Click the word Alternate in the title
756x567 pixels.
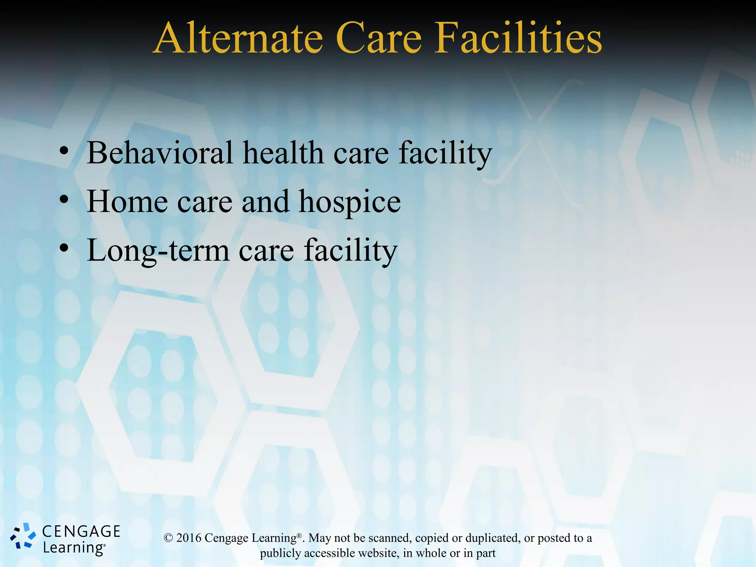tap(238, 39)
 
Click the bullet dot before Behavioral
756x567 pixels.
tap(64, 151)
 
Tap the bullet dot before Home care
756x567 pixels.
tap(64, 200)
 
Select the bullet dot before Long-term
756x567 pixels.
tap(64, 248)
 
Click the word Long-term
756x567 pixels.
tap(158, 251)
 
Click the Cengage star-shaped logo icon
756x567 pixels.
tap(23, 536)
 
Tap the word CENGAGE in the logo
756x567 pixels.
tap(81, 532)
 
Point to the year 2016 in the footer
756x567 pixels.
tap(189, 538)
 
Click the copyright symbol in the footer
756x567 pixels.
tap(168, 538)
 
